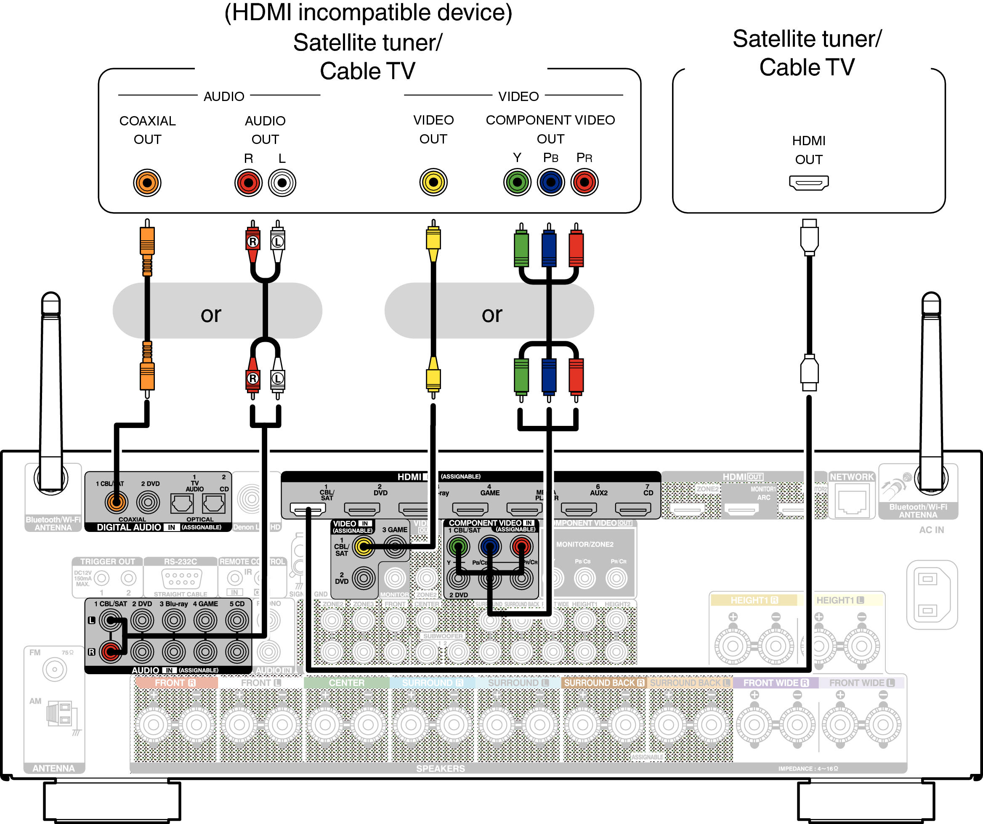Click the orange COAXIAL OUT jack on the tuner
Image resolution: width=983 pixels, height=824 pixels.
[x=147, y=183]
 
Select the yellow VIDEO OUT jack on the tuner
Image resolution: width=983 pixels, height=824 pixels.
[x=433, y=182]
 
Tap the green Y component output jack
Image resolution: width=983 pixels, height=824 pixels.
[x=517, y=182]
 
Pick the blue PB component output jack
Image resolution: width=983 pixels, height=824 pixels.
[x=550, y=182]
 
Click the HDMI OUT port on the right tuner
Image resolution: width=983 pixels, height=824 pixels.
[x=808, y=183]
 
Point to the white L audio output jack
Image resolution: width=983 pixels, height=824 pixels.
[x=282, y=183]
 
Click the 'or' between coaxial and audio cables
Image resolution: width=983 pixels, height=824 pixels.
[x=211, y=314]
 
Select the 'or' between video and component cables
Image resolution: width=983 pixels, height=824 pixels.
[x=491, y=314]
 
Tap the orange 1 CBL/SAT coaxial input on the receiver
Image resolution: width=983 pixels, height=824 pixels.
[x=116, y=502]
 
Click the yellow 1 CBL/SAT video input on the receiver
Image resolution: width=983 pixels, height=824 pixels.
[x=363, y=546]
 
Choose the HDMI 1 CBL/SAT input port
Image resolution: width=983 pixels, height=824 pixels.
[x=308, y=508]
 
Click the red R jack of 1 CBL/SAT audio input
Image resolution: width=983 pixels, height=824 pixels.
[x=111, y=651]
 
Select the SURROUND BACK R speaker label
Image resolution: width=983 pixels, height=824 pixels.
[x=603, y=683]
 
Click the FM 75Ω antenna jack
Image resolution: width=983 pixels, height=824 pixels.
[x=54, y=670]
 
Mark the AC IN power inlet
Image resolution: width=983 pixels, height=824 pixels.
[x=931, y=595]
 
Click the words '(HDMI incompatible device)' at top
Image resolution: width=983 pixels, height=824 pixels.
[x=368, y=13]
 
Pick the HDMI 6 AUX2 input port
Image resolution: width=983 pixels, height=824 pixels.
[x=579, y=508]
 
